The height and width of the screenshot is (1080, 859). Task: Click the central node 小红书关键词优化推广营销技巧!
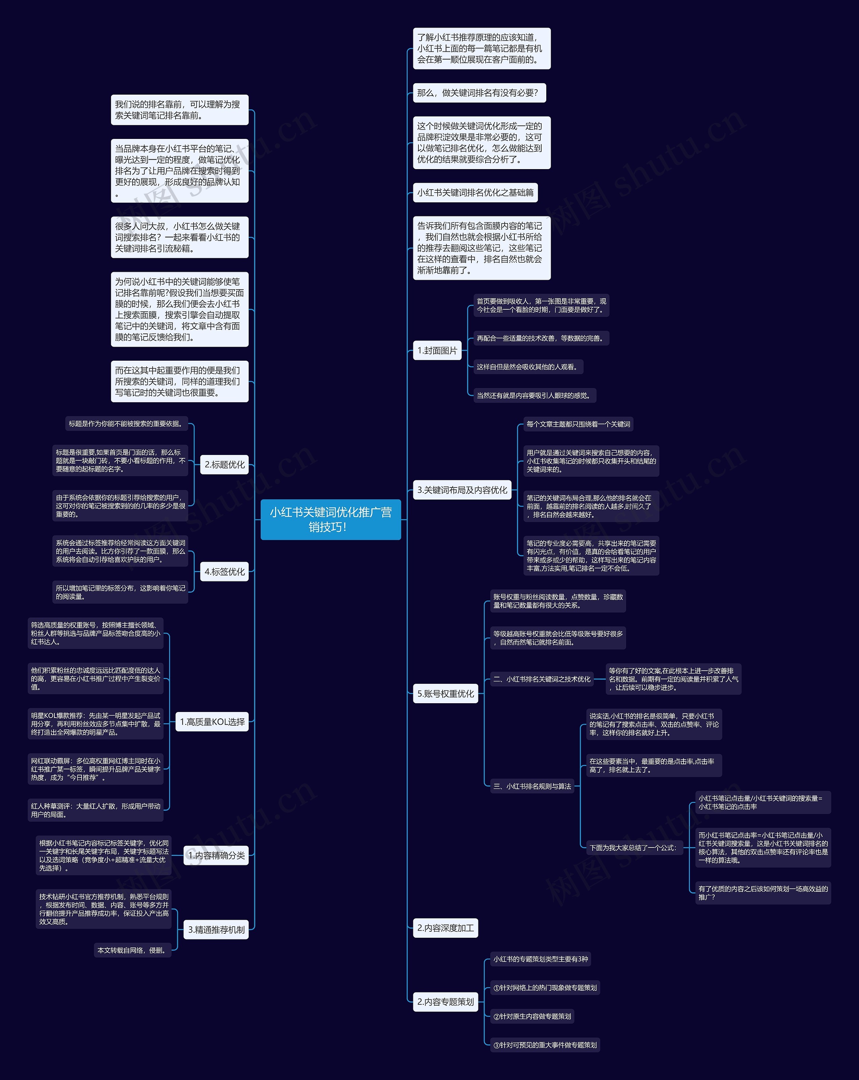(331, 519)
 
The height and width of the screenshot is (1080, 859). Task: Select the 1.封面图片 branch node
(437, 351)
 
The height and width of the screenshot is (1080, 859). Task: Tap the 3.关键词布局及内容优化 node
(462, 490)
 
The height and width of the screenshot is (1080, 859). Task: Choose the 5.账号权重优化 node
(445, 694)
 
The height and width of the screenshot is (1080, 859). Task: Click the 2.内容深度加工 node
(445, 928)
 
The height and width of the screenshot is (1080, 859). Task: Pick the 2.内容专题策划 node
(445, 1002)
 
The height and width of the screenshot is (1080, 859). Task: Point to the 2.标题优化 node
(224, 464)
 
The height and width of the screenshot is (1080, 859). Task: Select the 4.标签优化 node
(224, 572)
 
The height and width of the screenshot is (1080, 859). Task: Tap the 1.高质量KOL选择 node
(212, 722)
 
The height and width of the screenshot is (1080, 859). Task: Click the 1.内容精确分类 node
(216, 855)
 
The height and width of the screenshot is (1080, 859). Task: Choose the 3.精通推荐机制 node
(216, 930)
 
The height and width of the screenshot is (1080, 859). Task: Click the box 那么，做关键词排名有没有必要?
(479, 93)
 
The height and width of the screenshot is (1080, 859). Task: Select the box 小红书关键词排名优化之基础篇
(475, 192)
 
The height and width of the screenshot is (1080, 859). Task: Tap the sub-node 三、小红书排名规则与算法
(532, 786)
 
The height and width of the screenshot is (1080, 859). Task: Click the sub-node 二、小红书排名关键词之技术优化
(542, 679)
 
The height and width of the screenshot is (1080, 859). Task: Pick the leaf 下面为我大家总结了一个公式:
(634, 847)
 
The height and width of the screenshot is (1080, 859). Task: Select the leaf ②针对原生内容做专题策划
(532, 1016)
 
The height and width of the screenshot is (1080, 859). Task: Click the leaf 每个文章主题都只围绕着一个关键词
(578, 424)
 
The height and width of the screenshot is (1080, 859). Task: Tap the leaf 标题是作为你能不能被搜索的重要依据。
(126, 424)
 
